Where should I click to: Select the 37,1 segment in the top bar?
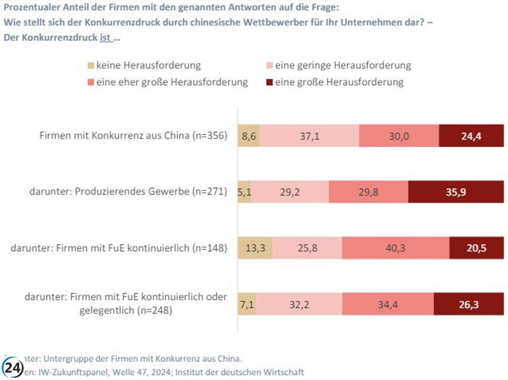(x=309, y=135)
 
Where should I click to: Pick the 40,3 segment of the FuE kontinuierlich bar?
(x=396, y=248)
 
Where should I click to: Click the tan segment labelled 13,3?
(x=255, y=248)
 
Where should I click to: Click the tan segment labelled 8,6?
(x=249, y=135)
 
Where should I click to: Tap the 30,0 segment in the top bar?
(x=399, y=135)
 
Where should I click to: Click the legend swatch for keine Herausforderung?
(x=90, y=65)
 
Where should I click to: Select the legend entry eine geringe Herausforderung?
(x=343, y=65)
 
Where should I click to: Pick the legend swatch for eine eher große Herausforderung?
(x=90, y=82)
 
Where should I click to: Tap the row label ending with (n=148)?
(x=119, y=248)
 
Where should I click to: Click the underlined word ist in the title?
(x=105, y=37)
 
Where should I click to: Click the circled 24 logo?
(x=13, y=368)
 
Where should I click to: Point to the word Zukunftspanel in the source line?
(x=74, y=372)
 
